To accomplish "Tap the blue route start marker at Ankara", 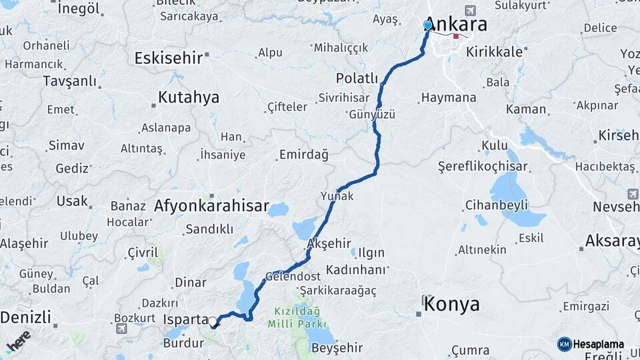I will [427, 25].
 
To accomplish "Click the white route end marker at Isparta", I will [213, 322].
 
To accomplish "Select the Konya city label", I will [451, 305].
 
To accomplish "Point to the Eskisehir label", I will [168, 58].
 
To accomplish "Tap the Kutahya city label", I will [188, 98].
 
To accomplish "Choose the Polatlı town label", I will [357, 78].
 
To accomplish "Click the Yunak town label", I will [337, 196].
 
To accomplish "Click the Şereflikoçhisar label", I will [483, 166].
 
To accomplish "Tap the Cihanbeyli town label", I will [496, 205].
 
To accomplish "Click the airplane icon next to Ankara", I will [472, 11].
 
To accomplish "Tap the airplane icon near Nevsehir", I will [632, 194].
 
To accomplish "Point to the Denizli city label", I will [25, 317].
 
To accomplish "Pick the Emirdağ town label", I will [303, 155].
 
